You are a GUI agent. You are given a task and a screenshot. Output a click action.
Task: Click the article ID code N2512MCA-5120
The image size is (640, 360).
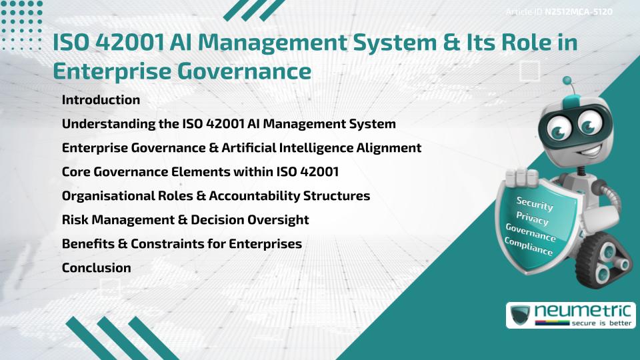(578, 12)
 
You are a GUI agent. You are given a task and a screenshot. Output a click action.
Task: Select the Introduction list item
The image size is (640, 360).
(101, 100)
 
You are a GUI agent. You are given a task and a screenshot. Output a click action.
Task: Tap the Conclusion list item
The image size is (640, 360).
(96, 267)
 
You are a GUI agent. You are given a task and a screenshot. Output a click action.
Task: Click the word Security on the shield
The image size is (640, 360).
(535, 203)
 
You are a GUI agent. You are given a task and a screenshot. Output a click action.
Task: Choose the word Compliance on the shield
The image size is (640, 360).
(529, 246)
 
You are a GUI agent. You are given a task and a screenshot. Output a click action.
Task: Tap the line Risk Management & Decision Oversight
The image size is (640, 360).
(185, 219)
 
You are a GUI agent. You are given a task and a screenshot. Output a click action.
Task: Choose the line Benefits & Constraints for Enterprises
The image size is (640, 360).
(182, 243)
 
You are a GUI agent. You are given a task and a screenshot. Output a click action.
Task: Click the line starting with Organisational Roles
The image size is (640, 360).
(216, 196)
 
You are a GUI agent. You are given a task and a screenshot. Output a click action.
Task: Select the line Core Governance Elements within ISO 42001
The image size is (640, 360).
(200, 172)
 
